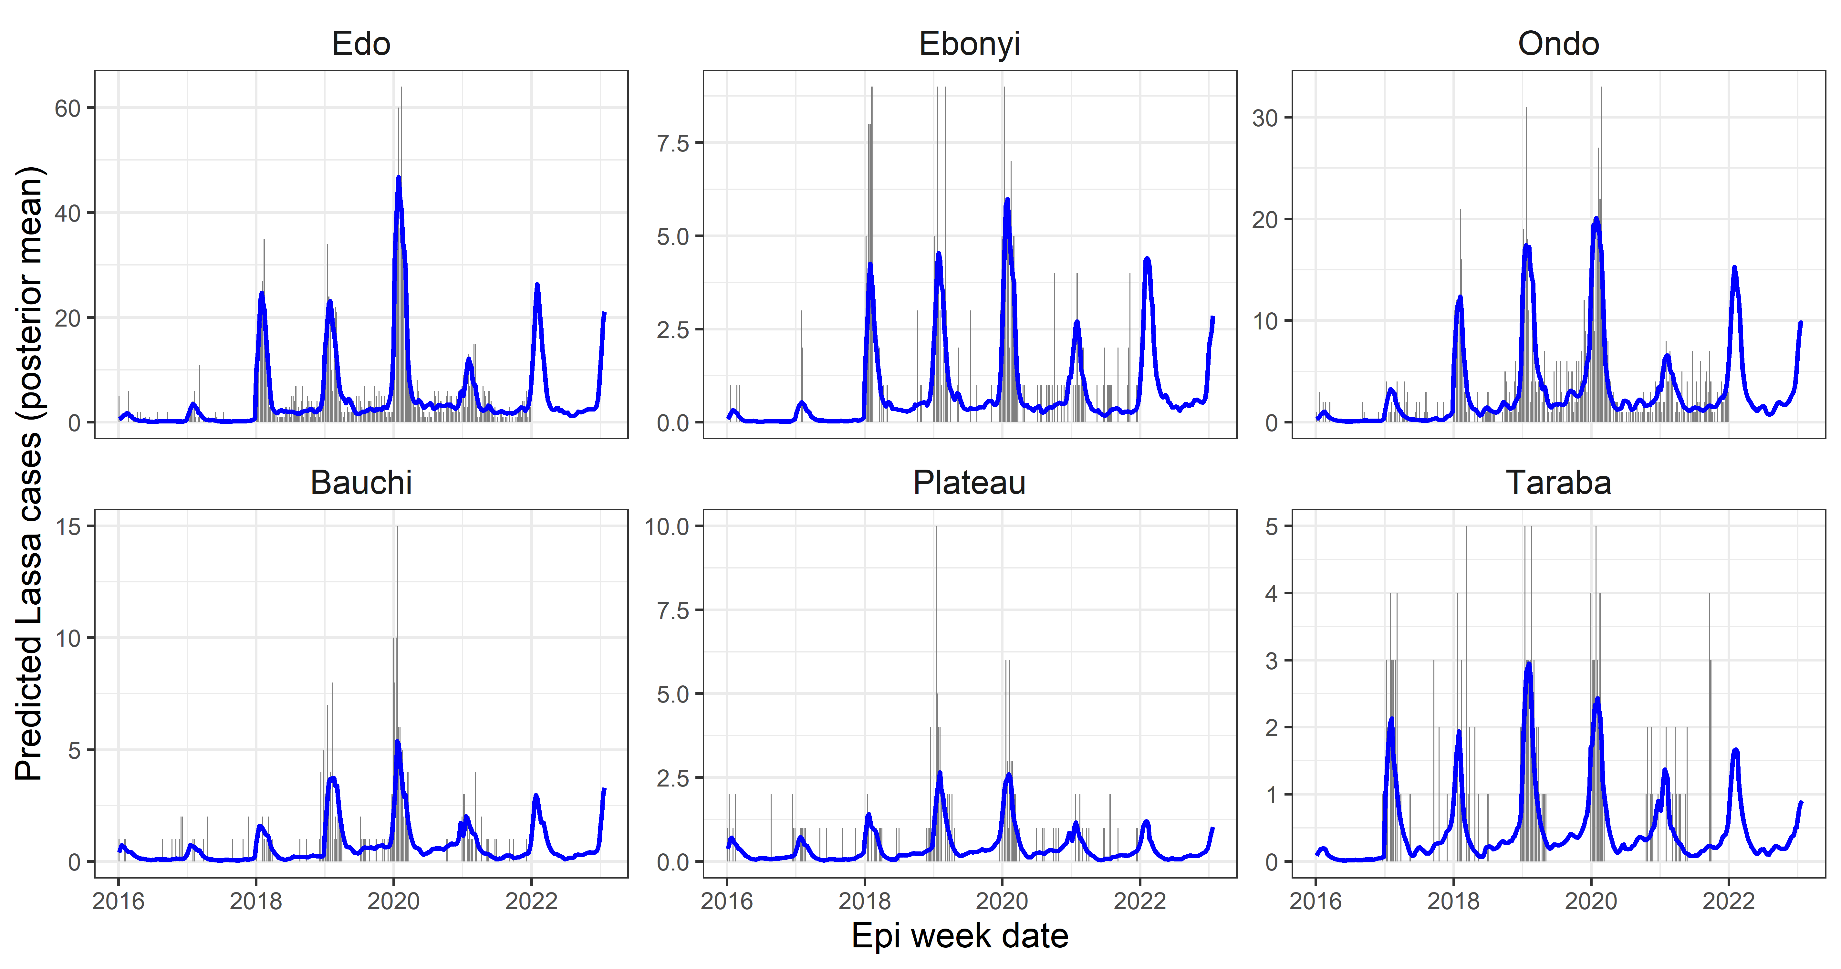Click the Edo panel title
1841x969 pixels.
(x=361, y=44)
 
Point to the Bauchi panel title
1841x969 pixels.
(x=361, y=483)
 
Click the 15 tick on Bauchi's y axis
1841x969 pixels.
(x=68, y=527)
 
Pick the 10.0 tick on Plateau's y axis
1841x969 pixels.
(x=667, y=527)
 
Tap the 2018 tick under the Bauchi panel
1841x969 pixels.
(x=256, y=901)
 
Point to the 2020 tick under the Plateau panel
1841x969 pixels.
(x=1002, y=901)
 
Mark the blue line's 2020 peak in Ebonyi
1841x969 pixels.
(x=1007, y=200)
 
